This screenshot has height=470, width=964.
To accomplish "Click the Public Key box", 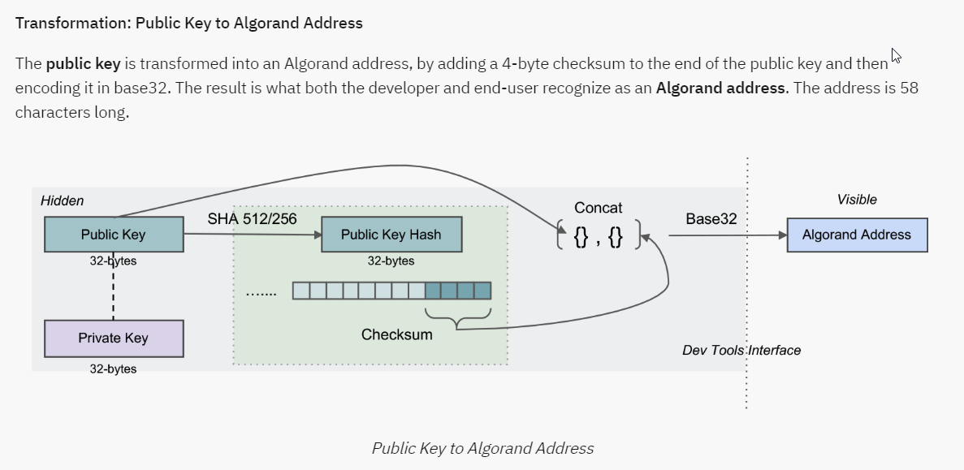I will click(x=113, y=235).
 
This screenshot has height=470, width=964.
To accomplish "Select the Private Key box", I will click(x=113, y=338).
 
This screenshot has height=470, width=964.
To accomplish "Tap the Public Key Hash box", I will click(x=391, y=235).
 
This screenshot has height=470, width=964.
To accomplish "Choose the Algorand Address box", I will click(x=857, y=235).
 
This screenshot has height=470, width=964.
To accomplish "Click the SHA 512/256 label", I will click(x=252, y=218).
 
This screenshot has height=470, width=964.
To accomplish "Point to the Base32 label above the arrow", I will click(x=711, y=218).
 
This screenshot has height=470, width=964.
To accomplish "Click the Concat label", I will click(x=598, y=208).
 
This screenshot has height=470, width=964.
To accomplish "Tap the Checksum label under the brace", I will click(x=396, y=334).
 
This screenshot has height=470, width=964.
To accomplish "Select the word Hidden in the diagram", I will click(x=63, y=201).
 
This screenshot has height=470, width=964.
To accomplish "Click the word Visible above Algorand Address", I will click(x=857, y=200).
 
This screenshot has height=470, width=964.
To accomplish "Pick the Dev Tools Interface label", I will click(x=741, y=350).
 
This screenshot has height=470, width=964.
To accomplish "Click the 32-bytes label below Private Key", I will click(x=113, y=369).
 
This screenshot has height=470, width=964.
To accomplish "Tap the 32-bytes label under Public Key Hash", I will click(x=391, y=261).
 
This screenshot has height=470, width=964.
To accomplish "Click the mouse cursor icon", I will click(x=896, y=56).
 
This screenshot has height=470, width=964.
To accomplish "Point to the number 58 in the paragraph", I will click(x=909, y=88).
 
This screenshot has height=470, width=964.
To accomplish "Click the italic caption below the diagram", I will click(x=482, y=448).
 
